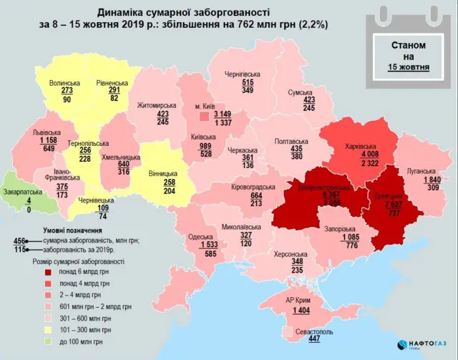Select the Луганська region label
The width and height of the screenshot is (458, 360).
coord(420,171)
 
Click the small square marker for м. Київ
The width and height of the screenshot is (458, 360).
coord(204,115)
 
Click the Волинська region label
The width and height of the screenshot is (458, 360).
coord(65,84)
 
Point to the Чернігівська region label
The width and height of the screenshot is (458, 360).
coord(245,74)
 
